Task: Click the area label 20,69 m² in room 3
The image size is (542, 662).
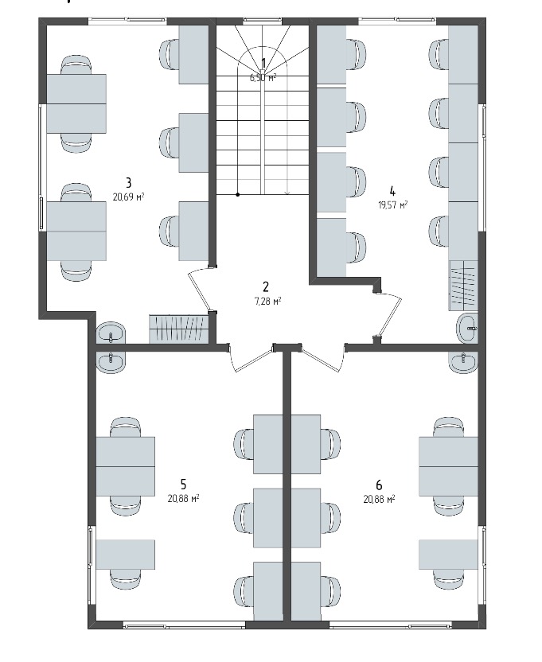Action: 128,197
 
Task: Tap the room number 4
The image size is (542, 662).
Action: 392,191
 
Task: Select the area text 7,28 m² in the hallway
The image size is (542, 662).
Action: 266,301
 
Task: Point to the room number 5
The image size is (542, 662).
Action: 183,484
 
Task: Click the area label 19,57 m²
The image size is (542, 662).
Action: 392,205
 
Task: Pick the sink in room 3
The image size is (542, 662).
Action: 111,333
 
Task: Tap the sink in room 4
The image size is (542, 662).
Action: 467,328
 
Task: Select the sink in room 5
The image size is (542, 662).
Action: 111,361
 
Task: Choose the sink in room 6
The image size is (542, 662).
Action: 464,362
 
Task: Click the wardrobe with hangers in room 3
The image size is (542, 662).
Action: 179,329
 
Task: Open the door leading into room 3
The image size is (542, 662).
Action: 200,290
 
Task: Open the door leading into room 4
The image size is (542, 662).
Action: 388,315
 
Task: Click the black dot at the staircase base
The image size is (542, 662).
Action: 238,195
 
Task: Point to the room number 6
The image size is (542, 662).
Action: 379,484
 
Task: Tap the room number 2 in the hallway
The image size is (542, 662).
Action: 266,287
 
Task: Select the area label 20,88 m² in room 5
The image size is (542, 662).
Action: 183,498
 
